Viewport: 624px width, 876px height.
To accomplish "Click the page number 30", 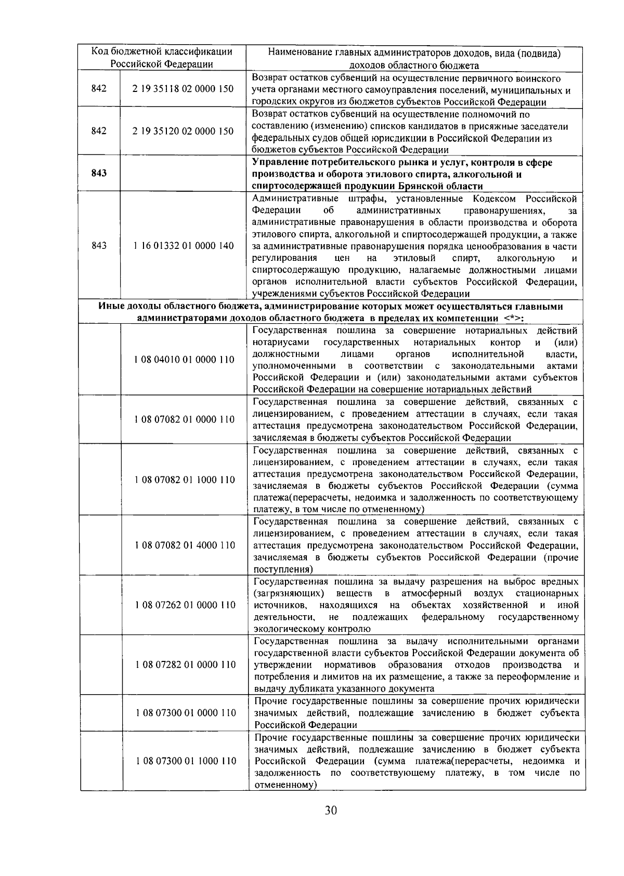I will coord(331,825).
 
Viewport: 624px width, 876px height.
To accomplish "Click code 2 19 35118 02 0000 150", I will coord(183,89).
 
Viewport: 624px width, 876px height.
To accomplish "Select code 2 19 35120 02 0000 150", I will coord(183,131).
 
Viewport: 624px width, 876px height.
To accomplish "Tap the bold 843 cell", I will coord(99,173).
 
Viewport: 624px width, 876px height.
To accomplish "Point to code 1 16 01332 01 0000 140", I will coord(183,246).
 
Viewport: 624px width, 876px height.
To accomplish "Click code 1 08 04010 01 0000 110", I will coord(184,360).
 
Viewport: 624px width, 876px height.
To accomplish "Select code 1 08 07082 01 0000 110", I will coord(184,419).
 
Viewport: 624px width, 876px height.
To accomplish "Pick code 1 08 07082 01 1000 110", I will coord(184,480).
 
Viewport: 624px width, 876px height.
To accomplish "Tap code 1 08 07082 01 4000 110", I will coord(184,545).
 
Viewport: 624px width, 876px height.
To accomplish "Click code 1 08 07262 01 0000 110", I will coord(184,605).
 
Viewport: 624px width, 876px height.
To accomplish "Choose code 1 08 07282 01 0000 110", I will coord(184,665).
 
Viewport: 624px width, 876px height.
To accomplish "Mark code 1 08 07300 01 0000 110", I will coord(185,713).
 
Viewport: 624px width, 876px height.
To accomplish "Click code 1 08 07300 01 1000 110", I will coord(185,761).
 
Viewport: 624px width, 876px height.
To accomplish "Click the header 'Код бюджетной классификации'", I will coord(162,52).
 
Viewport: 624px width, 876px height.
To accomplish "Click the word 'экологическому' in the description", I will coord(284,629).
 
